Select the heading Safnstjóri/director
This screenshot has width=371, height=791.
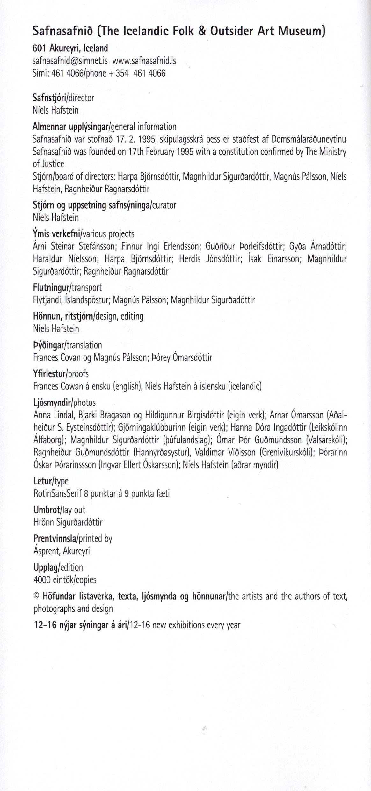[x=63, y=98]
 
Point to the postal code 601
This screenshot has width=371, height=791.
[x=39, y=48]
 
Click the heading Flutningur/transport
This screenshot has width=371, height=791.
[x=67, y=288]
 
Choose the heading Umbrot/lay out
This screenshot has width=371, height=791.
[x=59, y=510]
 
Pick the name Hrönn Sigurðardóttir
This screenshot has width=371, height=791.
[x=68, y=522]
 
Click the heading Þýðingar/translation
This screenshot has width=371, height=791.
[x=67, y=345]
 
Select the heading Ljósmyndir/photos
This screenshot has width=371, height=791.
[x=64, y=403]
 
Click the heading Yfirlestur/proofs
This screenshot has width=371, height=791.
[x=61, y=373]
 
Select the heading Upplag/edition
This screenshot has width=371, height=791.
[x=58, y=567]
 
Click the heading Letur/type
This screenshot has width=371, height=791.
[x=51, y=481]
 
